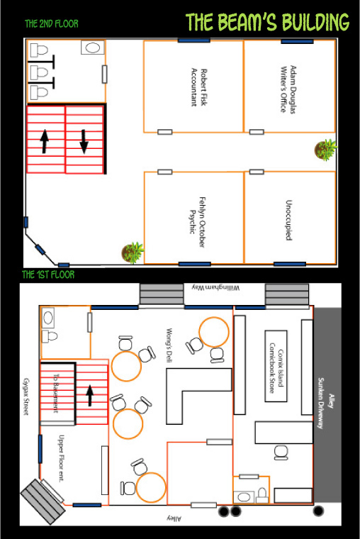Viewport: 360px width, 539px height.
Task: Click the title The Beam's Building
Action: tap(267, 22)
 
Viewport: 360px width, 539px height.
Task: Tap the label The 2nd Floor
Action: tap(52, 23)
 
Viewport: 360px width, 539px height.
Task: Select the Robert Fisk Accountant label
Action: tap(199, 87)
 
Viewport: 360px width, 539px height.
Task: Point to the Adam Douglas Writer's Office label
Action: tap(288, 89)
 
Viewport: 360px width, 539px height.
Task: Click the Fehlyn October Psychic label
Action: tap(198, 222)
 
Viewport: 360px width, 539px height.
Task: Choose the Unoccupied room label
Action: tap(289, 220)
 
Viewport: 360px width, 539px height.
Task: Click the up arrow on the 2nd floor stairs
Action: tap(45, 141)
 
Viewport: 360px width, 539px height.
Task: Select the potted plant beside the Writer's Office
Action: tap(325, 150)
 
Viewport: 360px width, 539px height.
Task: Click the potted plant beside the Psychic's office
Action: tap(133, 252)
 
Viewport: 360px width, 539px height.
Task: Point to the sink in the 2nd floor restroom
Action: tap(93, 48)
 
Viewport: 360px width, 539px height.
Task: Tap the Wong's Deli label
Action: tap(169, 345)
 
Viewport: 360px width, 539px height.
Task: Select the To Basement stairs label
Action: tap(56, 393)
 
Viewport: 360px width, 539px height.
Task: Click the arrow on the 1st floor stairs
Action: tap(90, 396)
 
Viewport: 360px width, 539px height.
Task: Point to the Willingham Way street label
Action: tap(215, 287)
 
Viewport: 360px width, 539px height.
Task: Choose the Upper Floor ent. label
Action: tap(61, 459)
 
